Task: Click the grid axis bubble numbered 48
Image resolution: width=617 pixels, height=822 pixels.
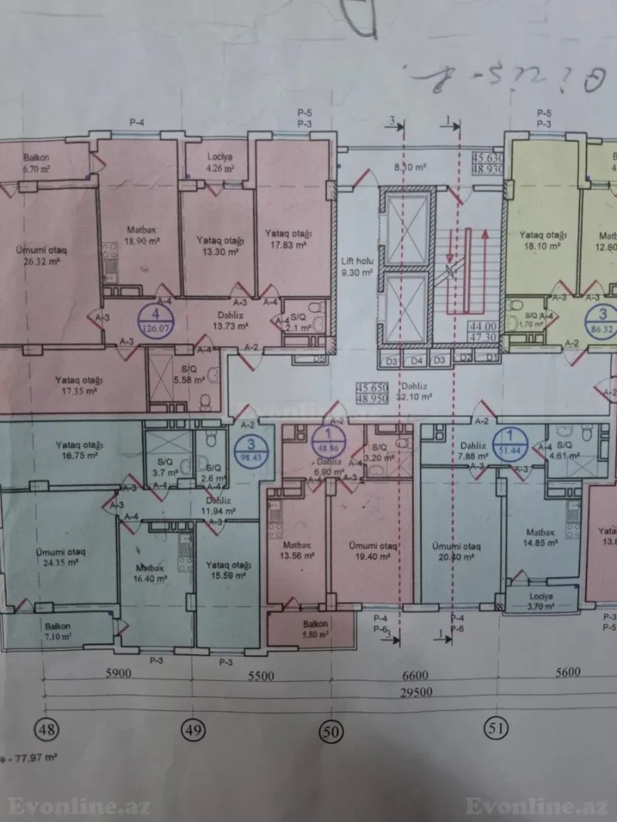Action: [49, 728]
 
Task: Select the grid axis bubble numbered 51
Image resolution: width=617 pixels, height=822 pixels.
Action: [497, 727]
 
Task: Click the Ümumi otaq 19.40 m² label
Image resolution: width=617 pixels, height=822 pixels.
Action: [372, 550]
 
